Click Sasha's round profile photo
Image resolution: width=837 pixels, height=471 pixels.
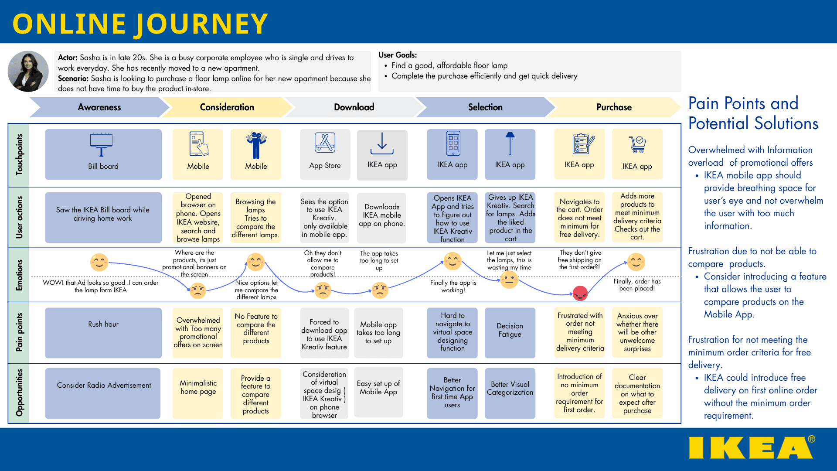(x=28, y=71)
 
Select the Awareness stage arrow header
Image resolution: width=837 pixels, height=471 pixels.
(x=99, y=107)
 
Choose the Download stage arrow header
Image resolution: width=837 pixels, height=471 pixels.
(x=354, y=107)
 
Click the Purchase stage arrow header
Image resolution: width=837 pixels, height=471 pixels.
(x=613, y=107)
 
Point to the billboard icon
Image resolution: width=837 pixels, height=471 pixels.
(x=101, y=144)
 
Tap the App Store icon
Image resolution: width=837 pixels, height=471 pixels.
(x=325, y=143)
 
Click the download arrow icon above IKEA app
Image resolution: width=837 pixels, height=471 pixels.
(x=382, y=143)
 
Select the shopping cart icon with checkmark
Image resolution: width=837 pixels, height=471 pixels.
(x=637, y=144)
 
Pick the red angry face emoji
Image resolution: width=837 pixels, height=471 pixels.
(x=580, y=294)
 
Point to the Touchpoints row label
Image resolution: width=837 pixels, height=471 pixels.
(x=19, y=155)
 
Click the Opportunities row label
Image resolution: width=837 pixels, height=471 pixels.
(x=19, y=393)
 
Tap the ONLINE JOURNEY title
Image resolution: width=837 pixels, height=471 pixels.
(x=140, y=24)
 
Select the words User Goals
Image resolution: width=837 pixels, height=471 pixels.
(x=398, y=55)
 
